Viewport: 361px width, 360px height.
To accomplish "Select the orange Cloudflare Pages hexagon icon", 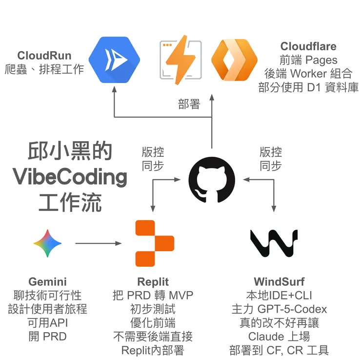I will coord(234,60).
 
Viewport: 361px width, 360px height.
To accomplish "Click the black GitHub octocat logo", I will coord(212,179).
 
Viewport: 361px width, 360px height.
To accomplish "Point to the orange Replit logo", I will coord(154,243).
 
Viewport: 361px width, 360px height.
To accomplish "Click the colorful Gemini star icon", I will coord(47,243).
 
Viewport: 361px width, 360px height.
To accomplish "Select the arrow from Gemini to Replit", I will coord(98,243).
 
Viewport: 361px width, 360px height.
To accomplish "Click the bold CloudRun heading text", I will coord(44,55).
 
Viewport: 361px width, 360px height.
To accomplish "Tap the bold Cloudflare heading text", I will coord(308,46).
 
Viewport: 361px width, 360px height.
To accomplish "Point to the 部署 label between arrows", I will coord(189,104).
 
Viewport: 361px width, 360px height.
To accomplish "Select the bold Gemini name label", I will coord(47,282).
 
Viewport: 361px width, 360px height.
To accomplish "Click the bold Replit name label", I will coord(153,282).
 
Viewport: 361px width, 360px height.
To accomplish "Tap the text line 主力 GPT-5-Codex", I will coord(279,309).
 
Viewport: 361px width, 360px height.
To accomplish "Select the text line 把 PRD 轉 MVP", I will coord(153,296).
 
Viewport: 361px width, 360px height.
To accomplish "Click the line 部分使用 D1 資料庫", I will coord(308,88).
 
